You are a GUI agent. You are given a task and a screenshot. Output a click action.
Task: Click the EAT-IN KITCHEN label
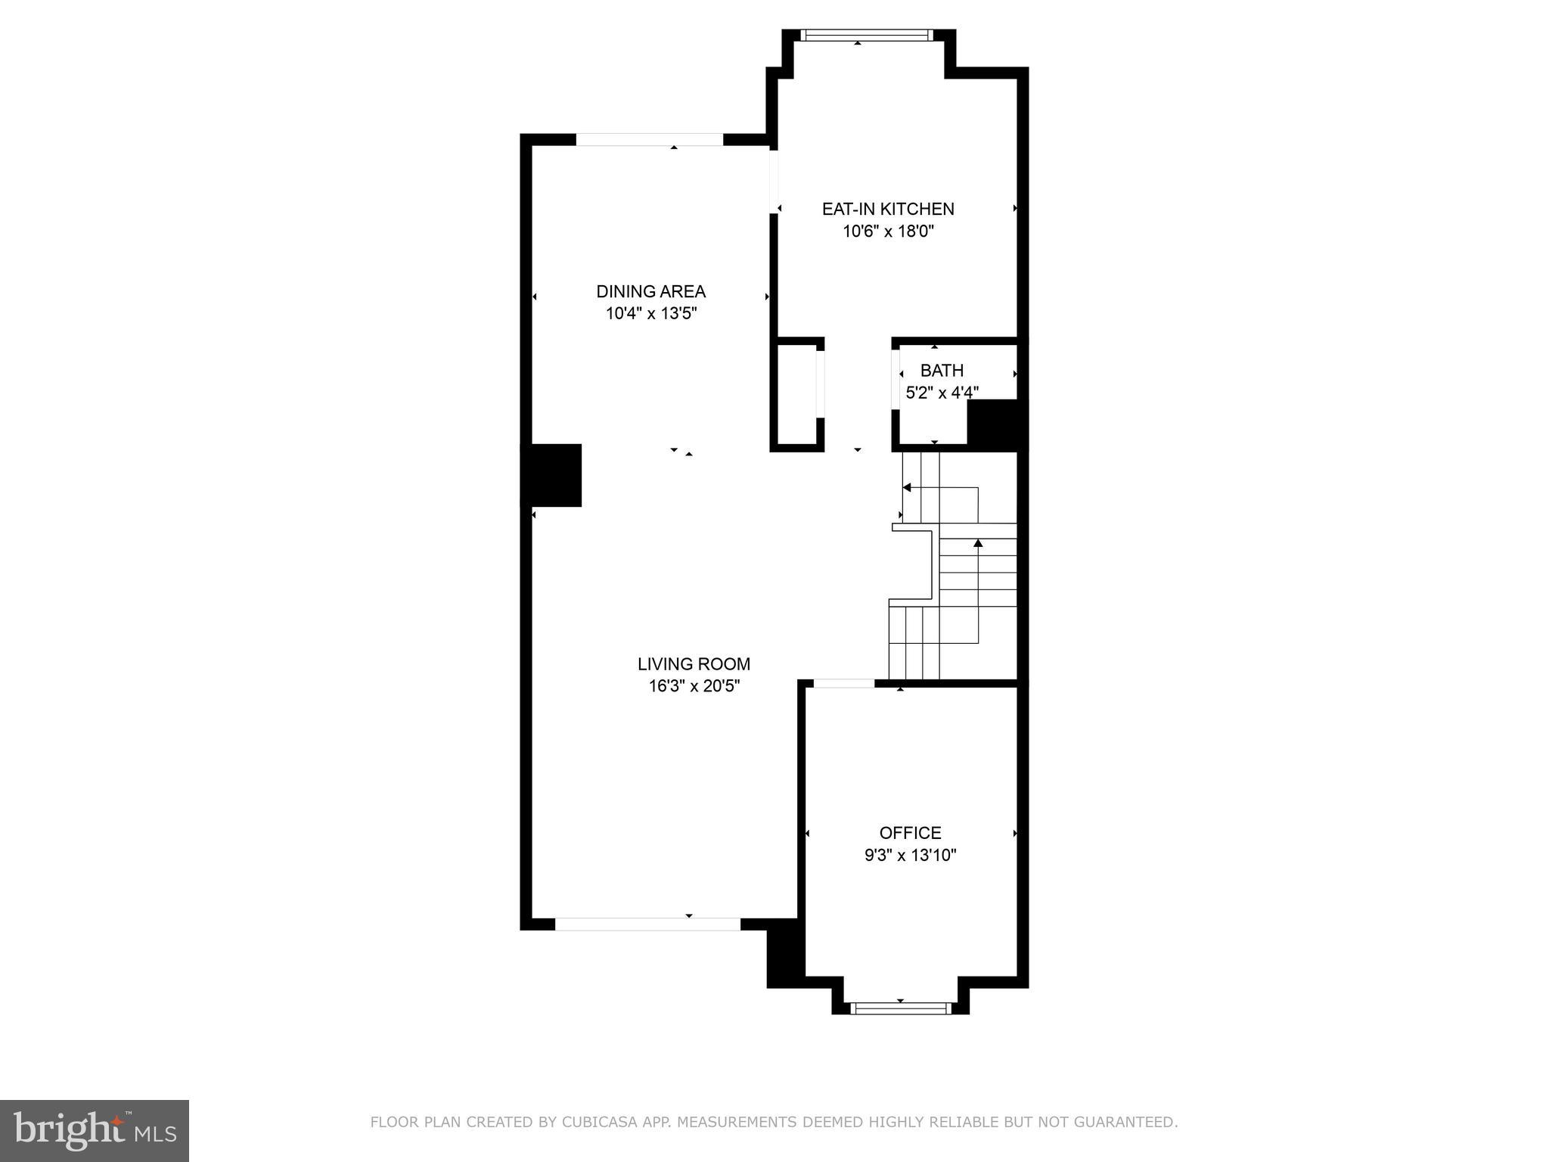[888, 209]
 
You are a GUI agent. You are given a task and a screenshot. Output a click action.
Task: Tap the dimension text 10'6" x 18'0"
[888, 231]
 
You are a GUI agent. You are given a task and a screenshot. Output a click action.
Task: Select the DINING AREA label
[650, 291]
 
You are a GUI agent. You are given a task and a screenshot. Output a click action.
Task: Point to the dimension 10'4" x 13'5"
[650, 313]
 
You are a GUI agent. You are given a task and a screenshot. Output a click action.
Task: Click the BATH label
[942, 371]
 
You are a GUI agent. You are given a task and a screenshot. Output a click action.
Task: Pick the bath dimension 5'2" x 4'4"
[942, 393]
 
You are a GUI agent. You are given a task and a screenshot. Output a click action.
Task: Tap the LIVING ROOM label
[694, 664]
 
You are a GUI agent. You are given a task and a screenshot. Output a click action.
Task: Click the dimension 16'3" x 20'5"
[694, 686]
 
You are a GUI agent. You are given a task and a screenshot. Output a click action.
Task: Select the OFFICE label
[910, 833]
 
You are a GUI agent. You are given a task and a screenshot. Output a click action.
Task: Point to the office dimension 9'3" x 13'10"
[910, 856]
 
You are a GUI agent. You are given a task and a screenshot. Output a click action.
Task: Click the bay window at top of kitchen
[867, 35]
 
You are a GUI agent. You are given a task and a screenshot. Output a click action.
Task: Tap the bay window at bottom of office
[900, 1008]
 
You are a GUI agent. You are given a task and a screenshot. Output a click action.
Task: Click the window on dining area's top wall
[650, 139]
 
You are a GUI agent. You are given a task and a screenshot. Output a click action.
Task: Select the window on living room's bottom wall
[647, 924]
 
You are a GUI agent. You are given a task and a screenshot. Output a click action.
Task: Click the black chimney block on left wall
[552, 475]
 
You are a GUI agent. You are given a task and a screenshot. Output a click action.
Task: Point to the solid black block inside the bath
[996, 425]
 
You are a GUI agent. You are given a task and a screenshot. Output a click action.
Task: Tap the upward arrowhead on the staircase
[978, 543]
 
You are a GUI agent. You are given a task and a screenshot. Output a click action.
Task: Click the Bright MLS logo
[95, 1130]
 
